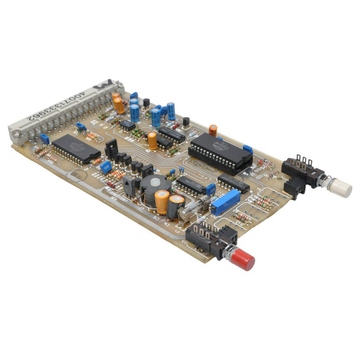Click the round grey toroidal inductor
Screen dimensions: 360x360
coord(154,185)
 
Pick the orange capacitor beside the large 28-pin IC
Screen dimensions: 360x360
coord(213,130)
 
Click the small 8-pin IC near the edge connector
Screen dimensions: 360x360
coord(127,125)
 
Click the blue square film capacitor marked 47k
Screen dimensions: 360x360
coord(106,167)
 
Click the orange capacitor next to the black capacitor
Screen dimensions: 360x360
coord(162,201)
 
